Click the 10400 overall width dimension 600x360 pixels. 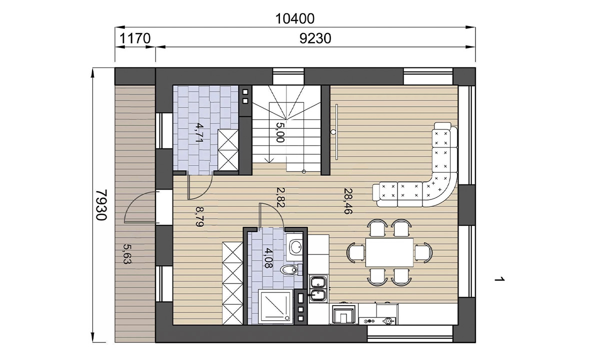point(295,19)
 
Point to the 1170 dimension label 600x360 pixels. point(134,38)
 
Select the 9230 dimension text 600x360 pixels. point(315,38)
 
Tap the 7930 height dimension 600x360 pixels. point(101,205)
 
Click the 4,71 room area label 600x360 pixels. point(200,132)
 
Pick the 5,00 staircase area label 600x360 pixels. point(280,132)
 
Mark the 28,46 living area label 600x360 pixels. point(348,201)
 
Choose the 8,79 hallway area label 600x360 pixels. point(199,216)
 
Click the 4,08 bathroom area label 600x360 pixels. point(268,258)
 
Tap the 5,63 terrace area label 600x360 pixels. point(127,254)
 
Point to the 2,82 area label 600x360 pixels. point(280,197)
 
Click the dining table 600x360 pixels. point(389,252)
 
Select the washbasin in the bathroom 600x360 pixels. point(294,247)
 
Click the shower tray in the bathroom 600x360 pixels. point(275,305)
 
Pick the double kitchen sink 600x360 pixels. point(318,288)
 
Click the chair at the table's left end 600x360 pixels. point(355,252)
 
